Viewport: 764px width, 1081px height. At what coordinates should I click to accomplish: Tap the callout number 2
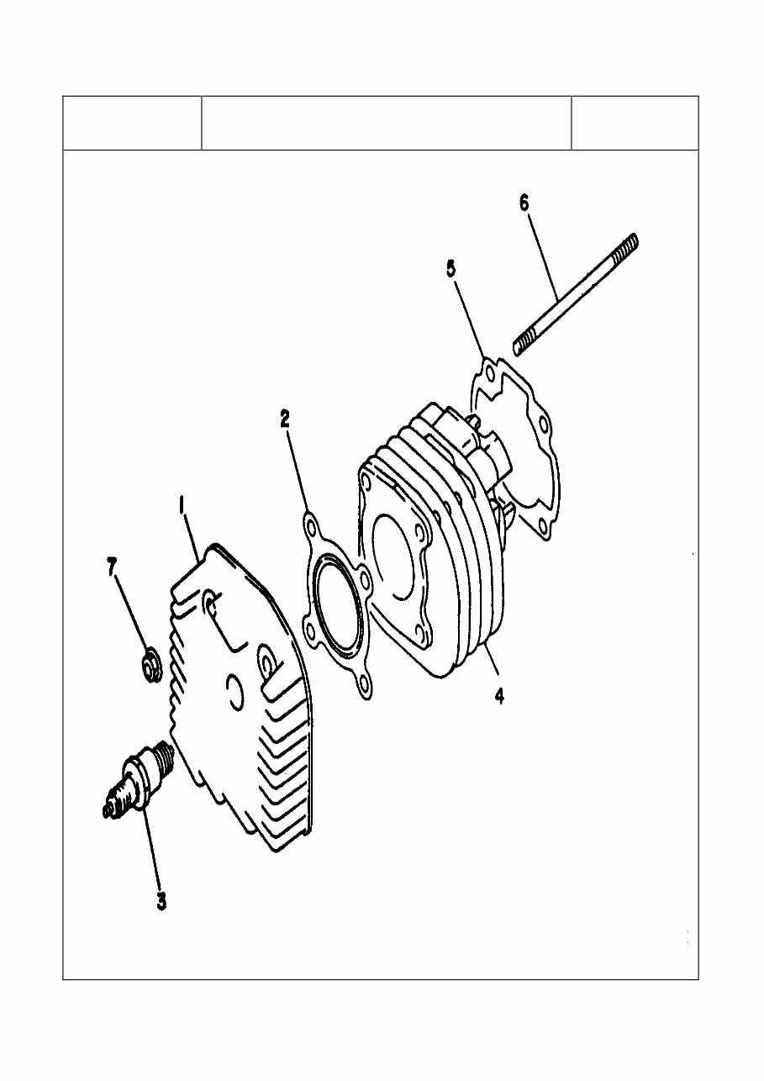[286, 419]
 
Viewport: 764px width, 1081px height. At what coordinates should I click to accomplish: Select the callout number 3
[161, 901]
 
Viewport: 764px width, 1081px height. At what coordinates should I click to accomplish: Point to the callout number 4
[499, 696]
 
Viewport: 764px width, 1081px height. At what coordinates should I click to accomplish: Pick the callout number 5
[451, 269]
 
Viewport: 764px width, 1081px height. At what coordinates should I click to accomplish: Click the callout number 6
[524, 203]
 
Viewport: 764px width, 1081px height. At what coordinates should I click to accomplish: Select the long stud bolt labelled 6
[576, 290]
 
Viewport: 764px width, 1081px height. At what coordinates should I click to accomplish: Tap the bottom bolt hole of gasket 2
[363, 683]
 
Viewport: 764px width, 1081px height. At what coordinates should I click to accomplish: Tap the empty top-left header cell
[132, 124]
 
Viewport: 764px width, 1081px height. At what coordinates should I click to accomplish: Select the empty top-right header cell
[635, 124]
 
